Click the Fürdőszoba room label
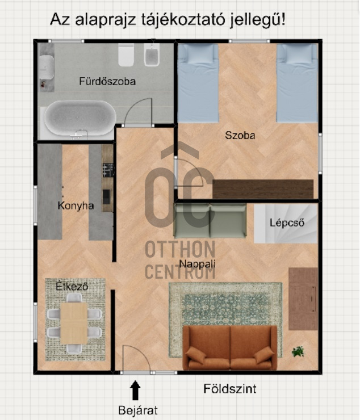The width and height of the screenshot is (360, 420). click(107, 81)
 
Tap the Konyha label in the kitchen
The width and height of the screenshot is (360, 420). click(76, 205)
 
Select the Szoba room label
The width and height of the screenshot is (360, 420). click(240, 135)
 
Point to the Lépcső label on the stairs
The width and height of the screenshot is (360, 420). click(287, 222)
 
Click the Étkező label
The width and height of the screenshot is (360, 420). click(72, 287)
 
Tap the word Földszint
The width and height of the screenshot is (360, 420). click(230, 389)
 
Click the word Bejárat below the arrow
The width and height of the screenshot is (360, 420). click(138, 410)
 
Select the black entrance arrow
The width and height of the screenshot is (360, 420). click(135, 390)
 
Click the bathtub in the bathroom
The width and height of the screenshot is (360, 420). click(80, 119)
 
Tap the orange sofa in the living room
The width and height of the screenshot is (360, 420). click(230, 348)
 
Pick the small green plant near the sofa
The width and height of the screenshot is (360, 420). click(298, 351)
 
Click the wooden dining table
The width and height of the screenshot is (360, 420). click(74, 324)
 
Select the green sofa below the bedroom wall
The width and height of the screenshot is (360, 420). click(210, 221)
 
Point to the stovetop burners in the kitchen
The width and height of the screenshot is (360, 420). click(108, 170)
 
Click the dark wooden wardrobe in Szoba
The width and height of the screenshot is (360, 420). click(263, 189)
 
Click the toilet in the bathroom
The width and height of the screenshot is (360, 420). click(126, 55)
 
